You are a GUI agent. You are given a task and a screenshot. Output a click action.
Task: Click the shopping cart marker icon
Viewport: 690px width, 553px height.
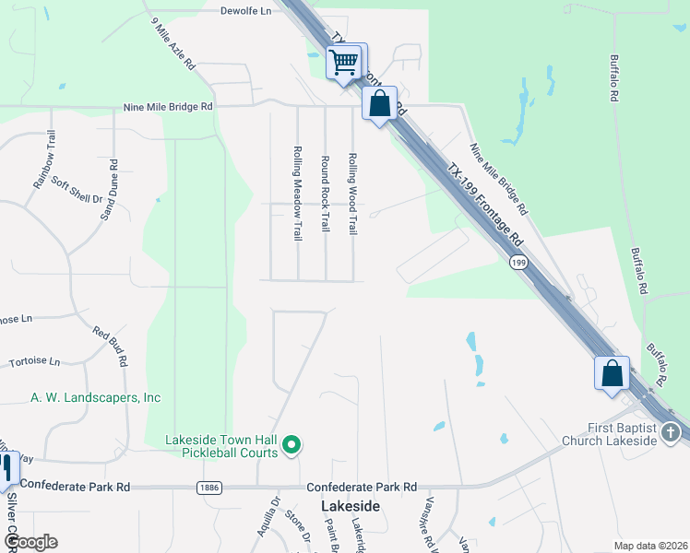tap(345, 63)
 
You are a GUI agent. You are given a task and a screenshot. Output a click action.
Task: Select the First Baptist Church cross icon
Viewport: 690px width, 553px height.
tap(671, 432)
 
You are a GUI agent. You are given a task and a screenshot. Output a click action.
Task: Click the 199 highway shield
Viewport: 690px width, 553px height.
tap(518, 263)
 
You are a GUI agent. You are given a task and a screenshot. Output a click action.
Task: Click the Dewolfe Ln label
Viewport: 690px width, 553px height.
tap(246, 11)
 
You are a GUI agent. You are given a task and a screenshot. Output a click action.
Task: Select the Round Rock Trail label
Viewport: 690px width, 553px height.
tap(325, 194)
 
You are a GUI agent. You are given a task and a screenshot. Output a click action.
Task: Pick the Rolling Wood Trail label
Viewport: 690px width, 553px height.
tap(352, 193)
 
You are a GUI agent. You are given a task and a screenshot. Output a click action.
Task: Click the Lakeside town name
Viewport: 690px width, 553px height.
tap(351, 506)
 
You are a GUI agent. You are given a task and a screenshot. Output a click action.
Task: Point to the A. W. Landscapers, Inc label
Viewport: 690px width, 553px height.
tap(96, 397)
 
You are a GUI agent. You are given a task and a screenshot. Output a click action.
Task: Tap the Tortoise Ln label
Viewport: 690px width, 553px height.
tap(34, 361)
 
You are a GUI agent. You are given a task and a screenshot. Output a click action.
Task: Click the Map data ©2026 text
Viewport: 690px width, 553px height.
tap(650, 545)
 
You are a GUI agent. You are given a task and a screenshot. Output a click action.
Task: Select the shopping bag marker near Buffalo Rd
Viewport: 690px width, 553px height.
tap(612, 373)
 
